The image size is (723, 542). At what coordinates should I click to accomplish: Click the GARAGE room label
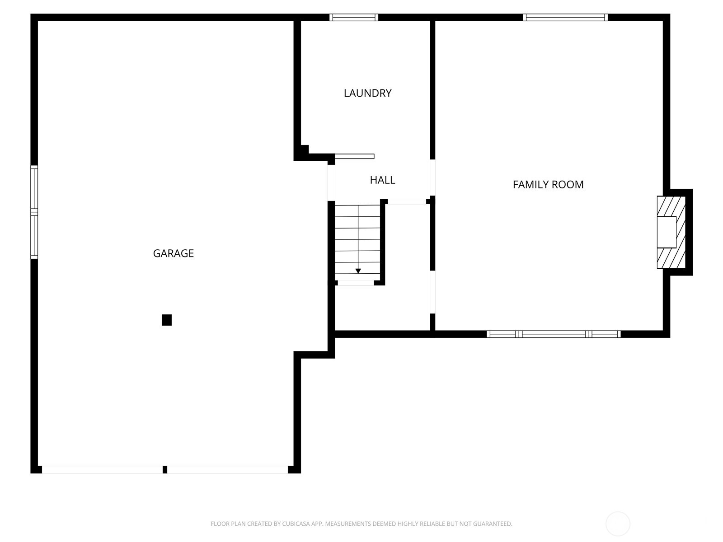pyautogui.click(x=173, y=253)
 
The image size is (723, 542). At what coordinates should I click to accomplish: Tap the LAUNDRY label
pyautogui.click(x=367, y=93)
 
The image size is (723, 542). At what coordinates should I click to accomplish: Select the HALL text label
pyautogui.click(x=382, y=180)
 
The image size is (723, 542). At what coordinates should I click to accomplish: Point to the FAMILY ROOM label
pyautogui.click(x=548, y=184)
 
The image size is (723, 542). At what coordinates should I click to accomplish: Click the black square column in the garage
pyautogui.click(x=167, y=320)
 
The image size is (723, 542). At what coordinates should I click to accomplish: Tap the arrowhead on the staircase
pyautogui.click(x=358, y=271)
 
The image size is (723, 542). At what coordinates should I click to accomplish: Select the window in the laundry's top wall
pyautogui.click(x=353, y=18)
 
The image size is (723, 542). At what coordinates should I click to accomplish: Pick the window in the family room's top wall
pyautogui.click(x=565, y=18)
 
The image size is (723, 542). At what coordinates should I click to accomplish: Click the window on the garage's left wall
pyautogui.click(x=34, y=212)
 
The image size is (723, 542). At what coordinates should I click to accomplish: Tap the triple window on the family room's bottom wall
pyautogui.click(x=553, y=334)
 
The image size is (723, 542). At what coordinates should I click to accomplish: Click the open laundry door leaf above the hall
pyautogui.click(x=354, y=157)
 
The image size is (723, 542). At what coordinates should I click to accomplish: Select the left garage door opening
pyautogui.click(x=102, y=470)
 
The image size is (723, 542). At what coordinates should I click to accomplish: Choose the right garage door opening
pyautogui.click(x=227, y=470)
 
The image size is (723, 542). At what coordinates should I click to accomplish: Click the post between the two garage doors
pyautogui.click(x=165, y=470)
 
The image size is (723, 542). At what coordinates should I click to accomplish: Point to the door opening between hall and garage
pyautogui.click(x=331, y=182)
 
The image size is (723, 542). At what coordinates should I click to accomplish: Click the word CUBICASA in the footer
pyautogui.click(x=296, y=524)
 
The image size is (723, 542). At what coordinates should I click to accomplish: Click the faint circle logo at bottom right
pyautogui.click(x=618, y=524)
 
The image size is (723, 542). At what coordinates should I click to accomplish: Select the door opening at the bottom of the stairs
pyautogui.click(x=356, y=283)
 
